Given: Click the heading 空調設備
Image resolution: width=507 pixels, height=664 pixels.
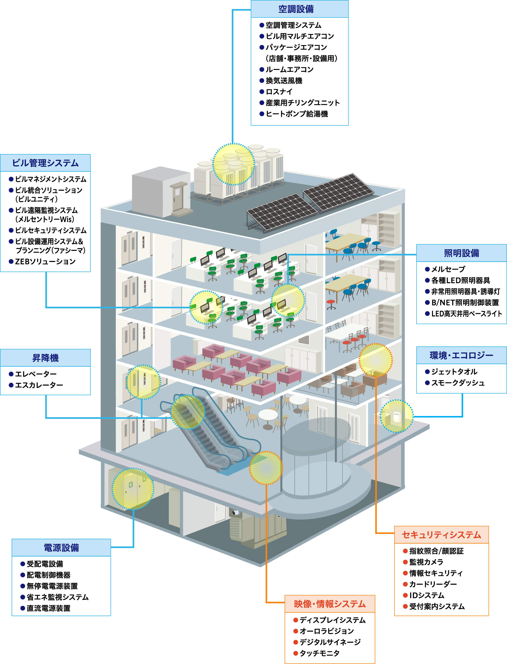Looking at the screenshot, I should [296, 9].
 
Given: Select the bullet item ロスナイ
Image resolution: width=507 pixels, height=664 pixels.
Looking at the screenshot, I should [279, 92].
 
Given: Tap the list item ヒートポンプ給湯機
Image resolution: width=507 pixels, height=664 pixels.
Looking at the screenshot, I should [296, 114].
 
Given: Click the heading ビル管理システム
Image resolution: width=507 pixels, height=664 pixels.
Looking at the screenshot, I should [45, 163].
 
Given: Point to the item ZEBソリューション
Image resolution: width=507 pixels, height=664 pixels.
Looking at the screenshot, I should [45, 261].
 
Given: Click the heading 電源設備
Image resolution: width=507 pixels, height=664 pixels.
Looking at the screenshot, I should [61, 547].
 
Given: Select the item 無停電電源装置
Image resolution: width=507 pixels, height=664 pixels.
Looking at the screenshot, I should [52, 586].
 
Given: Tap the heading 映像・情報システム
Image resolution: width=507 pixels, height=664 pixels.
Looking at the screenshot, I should [330, 604].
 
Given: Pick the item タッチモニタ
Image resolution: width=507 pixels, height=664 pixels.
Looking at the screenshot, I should [319, 653].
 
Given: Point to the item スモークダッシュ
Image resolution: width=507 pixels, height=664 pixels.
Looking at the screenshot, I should [458, 383].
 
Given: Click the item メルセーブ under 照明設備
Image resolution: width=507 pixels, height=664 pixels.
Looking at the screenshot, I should [448, 269].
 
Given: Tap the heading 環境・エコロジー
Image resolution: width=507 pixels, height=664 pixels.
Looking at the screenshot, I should [461, 355].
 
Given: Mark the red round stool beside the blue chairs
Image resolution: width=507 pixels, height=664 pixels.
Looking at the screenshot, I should [331, 302].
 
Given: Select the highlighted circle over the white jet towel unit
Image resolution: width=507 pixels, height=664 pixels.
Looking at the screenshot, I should [396, 416].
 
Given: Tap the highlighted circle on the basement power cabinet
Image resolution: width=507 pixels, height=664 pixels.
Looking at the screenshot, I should [133, 489].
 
